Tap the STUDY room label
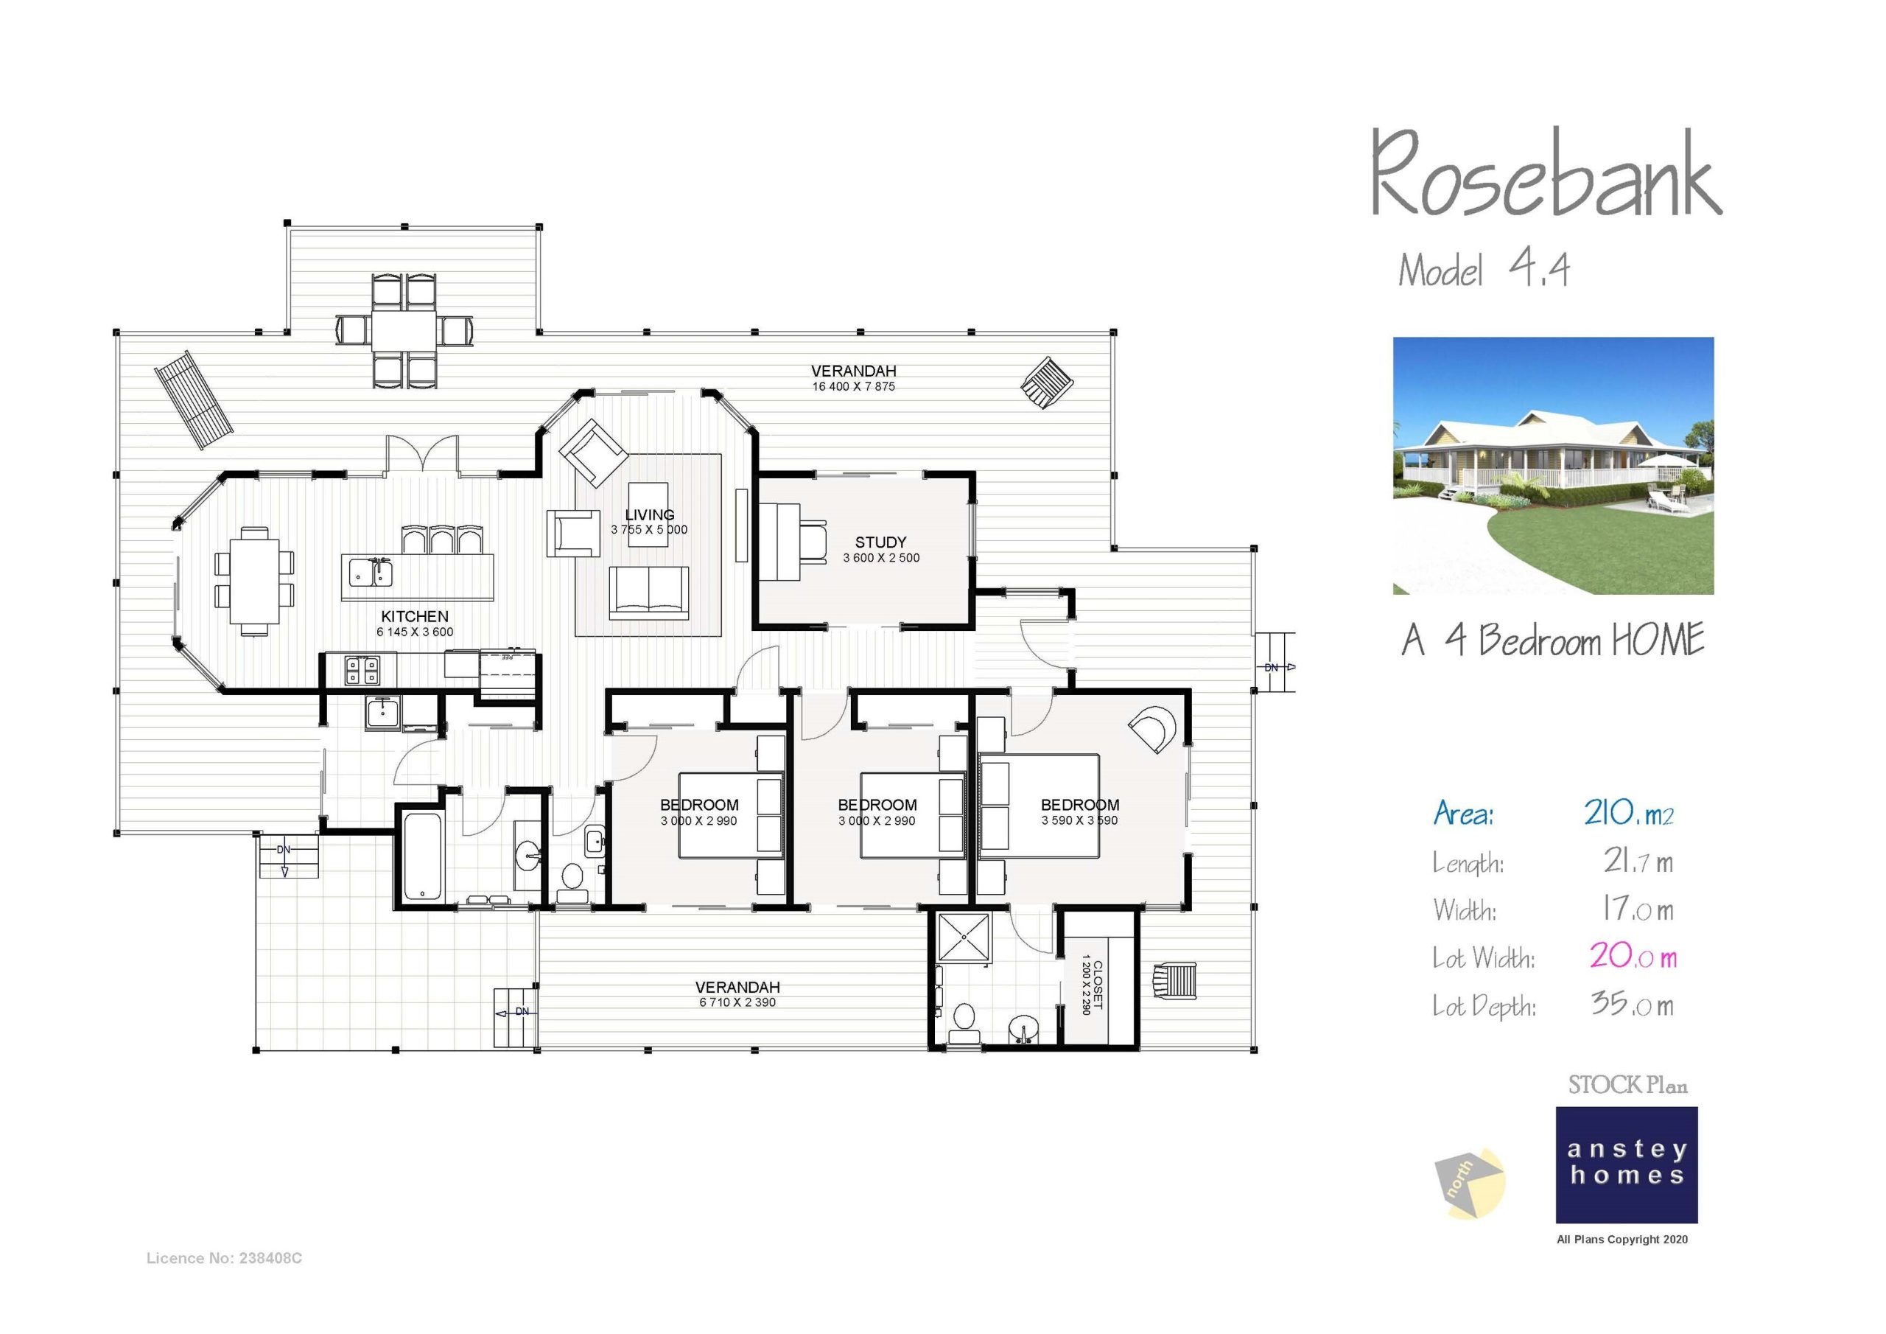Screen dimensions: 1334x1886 click(880, 542)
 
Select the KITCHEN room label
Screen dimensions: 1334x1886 click(415, 616)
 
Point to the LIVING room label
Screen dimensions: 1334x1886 click(649, 515)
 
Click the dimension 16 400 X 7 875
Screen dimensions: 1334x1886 click(853, 386)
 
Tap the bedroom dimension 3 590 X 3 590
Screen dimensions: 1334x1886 click(1079, 820)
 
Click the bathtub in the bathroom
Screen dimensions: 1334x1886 click(423, 857)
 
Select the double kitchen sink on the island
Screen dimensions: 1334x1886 click(371, 573)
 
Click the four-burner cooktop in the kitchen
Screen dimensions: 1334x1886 click(362, 670)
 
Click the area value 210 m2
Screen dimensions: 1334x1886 click(1628, 814)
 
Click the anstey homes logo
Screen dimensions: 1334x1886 click(1627, 1164)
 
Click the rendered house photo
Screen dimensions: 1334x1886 click(1552, 465)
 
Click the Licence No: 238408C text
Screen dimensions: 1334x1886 click(224, 1258)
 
